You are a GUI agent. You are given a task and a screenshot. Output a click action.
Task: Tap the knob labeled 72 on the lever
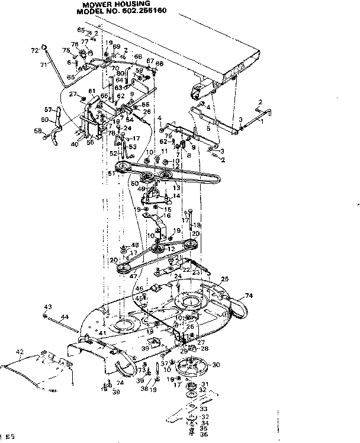[x=44, y=48]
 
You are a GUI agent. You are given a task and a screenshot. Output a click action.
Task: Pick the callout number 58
[x=37, y=131]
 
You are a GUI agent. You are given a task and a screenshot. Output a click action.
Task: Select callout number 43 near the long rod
[x=48, y=306]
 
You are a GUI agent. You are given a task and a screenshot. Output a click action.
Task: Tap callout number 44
[x=65, y=317]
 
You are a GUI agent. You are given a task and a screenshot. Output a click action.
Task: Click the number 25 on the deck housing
[x=224, y=278]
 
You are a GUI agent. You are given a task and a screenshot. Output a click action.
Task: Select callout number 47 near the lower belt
[x=132, y=276]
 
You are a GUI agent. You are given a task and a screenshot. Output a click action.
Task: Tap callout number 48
[x=134, y=245]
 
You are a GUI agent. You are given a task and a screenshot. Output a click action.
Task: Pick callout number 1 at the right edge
[x=262, y=121]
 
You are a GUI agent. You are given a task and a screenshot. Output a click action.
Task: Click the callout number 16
[x=168, y=217]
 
